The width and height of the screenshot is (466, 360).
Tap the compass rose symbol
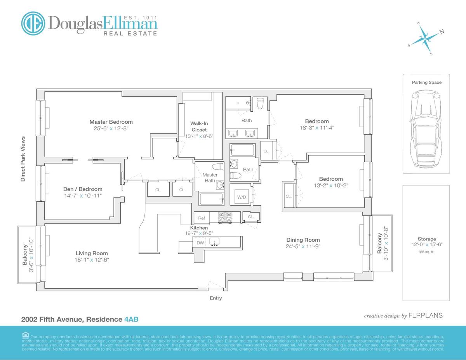426,38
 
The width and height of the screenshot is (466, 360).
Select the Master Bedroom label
111,122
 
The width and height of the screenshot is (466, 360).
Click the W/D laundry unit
242,197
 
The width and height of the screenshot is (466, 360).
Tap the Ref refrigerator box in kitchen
202,218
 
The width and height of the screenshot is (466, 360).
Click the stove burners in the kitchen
224,218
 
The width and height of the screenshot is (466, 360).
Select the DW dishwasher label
200,243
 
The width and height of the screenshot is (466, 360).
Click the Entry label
216,298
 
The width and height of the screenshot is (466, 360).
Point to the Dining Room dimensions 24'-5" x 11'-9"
303,246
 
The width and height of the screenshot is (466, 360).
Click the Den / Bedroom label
83,189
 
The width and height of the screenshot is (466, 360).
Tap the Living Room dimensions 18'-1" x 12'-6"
92,260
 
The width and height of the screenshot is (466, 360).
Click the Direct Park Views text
23,159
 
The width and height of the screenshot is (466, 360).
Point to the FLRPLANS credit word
425,315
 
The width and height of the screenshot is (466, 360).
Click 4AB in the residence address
131,319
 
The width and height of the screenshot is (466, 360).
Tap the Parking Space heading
426,82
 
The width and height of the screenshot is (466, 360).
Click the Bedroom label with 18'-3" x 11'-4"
316,121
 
